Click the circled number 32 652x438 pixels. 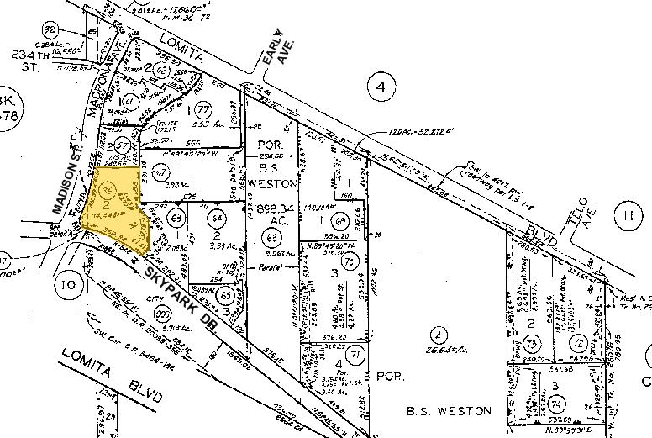50,30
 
